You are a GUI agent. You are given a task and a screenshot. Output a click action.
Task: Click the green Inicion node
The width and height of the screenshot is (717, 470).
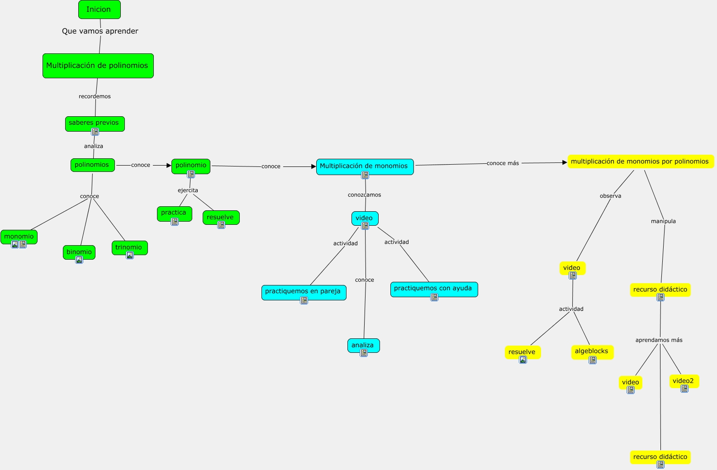pyautogui.click(x=100, y=9)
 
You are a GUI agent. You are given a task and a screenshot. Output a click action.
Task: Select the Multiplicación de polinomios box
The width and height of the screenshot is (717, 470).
pyautogui.click(x=98, y=66)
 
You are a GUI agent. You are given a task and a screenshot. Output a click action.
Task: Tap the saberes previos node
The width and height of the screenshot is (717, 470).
pyautogui.click(x=95, y=123)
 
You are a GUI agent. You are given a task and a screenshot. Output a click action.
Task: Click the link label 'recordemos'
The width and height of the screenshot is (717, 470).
pyautogui.click(x=95, y=96)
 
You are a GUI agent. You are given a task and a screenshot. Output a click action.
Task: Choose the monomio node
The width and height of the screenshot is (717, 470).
pyautogui.click(x=19, y=237)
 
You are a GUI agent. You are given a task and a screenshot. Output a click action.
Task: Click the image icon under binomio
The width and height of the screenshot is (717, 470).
pyautogui.click(x=79, y=260)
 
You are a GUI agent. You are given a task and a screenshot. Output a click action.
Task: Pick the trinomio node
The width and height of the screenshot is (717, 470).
pyautogui.click(x=130, y=248)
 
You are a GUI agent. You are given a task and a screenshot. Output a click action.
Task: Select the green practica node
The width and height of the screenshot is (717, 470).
pyautogui.click(x=175, y=214)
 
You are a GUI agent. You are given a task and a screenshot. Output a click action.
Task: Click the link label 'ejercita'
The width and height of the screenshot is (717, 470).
pyautogui.click(x=188, y=190)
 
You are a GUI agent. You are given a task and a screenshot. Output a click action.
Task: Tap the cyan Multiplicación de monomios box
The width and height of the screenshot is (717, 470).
pyautogui.click(x=365, y=167)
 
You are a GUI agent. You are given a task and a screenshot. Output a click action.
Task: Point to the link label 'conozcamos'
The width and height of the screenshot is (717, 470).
pyautogui.click(x=364, y=195)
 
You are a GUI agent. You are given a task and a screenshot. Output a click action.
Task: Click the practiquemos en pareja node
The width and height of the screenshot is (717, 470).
pyautogui.click(x=304, y=292)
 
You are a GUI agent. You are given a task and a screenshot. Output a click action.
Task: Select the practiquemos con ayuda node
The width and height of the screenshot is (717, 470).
pyautogui.click(x=434, y=290)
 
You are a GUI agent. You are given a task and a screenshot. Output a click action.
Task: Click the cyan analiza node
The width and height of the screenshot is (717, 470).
pyautogui.click(x=364, y=346)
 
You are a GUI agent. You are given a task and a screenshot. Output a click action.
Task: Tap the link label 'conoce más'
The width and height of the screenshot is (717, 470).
pyautogui.click(x=503, y=163)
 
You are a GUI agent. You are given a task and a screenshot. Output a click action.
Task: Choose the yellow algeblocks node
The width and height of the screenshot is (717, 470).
pyautogui.click(x=593, y=352)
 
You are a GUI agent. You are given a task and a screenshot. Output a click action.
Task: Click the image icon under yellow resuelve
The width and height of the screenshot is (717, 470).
pyautogui.click(x=522, y=360)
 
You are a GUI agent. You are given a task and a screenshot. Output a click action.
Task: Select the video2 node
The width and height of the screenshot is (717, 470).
pyautogui.click(x=684, y=381)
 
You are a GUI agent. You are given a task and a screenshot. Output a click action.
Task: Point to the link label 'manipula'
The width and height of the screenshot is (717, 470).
pyautogui.click(x=663, y=221)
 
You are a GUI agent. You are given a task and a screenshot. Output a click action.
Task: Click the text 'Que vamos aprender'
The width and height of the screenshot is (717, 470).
pyautogui.click(x=100, y=31)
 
